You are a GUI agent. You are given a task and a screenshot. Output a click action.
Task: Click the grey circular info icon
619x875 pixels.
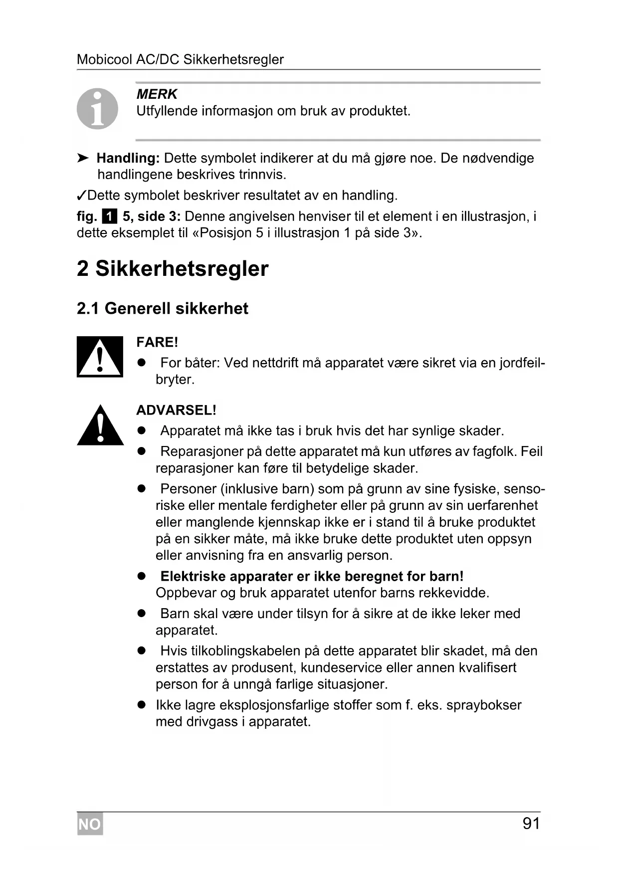pos(97,109)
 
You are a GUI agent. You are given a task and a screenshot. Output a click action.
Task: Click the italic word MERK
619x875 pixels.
pos(157,94)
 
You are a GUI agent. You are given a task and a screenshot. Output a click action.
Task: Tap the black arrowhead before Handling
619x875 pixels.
pos(83,158)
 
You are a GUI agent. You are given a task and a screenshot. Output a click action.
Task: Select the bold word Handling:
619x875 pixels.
pos(128,158)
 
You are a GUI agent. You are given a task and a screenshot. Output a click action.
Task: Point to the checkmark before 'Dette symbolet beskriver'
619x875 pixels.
pos(82,195)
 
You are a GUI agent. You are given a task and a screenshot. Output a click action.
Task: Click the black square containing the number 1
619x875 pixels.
pos(109,217)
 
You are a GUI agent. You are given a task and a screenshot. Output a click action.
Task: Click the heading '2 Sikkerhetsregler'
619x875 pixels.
pos(173,268)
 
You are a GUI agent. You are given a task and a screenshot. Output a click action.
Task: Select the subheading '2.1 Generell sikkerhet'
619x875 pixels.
pos(162,308)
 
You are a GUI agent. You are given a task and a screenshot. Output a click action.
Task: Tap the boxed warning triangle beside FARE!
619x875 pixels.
pos(100,357)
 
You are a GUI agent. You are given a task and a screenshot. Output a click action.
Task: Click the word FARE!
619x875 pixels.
pos(157,342)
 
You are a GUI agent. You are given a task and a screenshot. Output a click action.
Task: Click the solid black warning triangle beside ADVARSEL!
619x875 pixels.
pos(100,426)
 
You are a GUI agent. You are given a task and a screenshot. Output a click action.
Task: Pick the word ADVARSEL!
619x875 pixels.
pos(176,410)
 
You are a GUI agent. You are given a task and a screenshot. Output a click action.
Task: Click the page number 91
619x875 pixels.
pos(531,823)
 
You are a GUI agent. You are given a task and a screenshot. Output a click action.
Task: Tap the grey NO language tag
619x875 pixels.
pos(90,824)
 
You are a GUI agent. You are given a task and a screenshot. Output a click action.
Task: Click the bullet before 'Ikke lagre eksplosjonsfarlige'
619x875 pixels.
pos(142,705)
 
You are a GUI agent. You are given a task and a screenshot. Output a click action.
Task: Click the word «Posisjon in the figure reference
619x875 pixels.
pos(221,233)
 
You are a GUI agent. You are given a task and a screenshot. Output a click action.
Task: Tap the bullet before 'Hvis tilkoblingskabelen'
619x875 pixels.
pos(142,651)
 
